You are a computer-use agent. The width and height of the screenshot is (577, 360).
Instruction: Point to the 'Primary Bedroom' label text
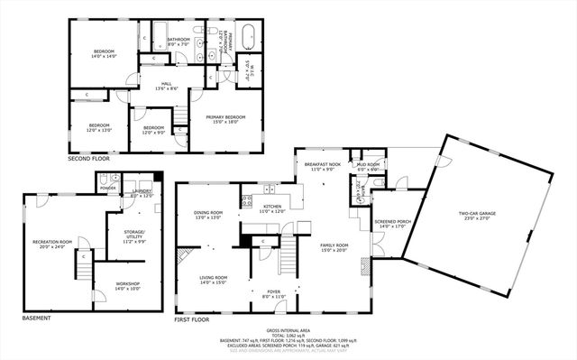tap(224, 119)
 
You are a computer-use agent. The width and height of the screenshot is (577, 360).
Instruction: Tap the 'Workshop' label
tap(127, 287)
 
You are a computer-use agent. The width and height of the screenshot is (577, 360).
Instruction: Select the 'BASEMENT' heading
tap(37, 318)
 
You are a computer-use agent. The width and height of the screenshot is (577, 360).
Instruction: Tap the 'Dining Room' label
tap(208, 215)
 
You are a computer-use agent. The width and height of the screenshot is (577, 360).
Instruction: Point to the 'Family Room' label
tap(334, 248)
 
